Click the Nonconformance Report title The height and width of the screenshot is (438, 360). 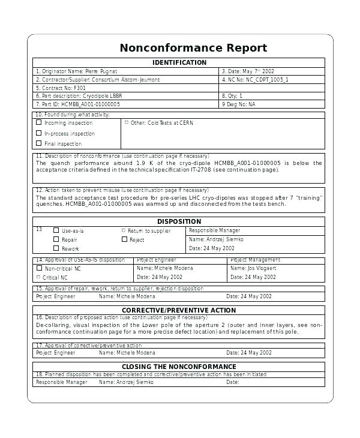[x=193, y=48]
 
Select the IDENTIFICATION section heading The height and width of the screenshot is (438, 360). [x=179, y=62]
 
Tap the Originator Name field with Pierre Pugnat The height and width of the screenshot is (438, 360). [x=77, y=71]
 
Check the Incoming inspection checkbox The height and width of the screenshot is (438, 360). [x=39, y=122]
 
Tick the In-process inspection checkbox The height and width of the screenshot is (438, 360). [x=39, y=133]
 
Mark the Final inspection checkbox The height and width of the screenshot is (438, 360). [x=39, y=143]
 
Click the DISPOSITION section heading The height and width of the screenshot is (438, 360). [x=179, y=221]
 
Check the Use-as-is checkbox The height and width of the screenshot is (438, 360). [x=56, y=230]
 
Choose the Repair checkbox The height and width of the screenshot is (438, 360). [x=56, y=239]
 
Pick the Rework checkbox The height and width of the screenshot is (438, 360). [x=56, y=248]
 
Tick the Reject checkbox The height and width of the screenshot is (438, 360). [x=124, y=239]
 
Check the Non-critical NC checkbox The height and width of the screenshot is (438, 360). [x=39, y=268]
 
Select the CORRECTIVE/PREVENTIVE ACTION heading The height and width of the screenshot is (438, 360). [x=179, y=310]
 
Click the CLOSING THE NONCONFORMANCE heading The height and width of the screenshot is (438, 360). [x=179, y=367]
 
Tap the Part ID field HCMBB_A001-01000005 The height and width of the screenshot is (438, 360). [x=77, y=104]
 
